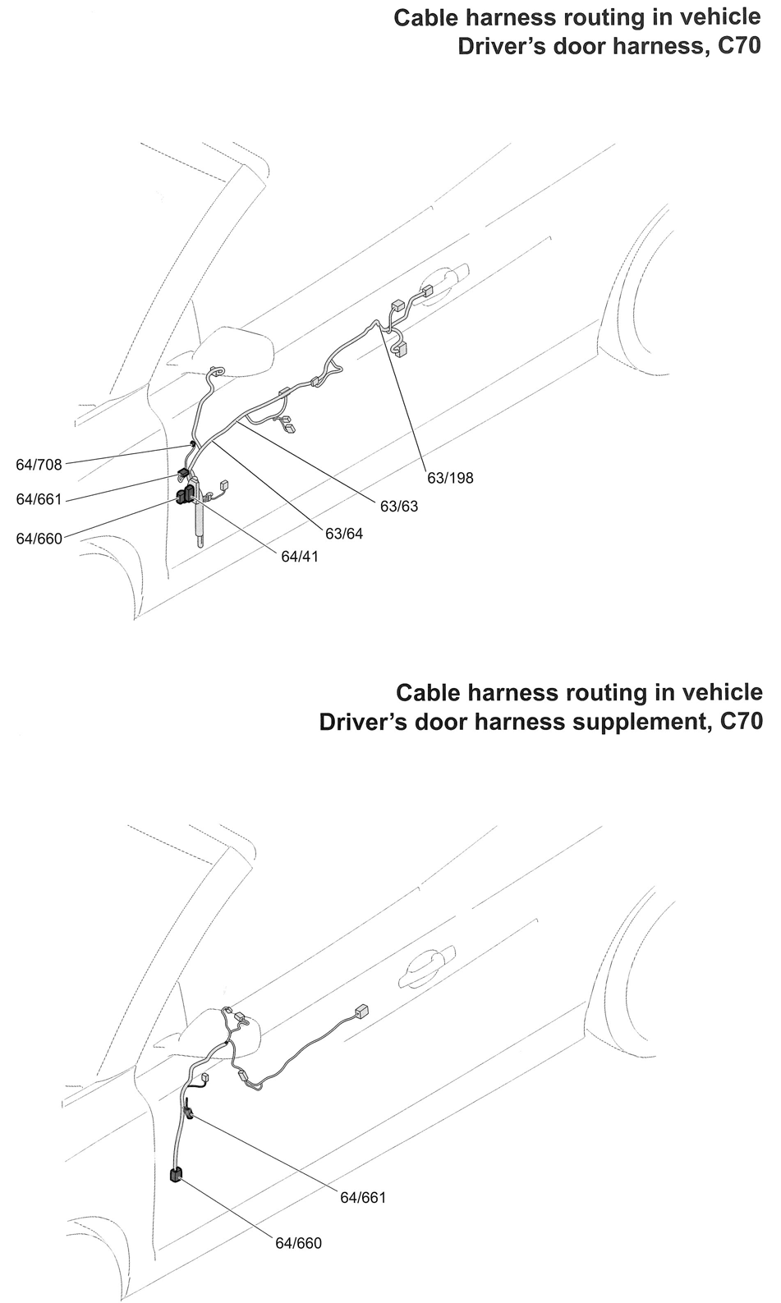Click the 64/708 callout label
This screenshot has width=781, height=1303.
[39, 465]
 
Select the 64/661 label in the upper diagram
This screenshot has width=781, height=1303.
[39, 499]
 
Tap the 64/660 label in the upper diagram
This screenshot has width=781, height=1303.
[39, 539]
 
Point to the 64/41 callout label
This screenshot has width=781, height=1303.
[299, 557]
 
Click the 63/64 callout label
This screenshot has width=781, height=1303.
[343, 534]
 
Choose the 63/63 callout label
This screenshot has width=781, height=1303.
[398, 507]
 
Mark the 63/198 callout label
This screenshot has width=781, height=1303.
[450, 478]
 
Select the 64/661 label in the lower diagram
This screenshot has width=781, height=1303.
[363, 1198]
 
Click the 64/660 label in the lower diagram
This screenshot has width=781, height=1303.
[298, 1243]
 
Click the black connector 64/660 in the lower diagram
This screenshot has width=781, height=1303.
[175, 1175]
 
